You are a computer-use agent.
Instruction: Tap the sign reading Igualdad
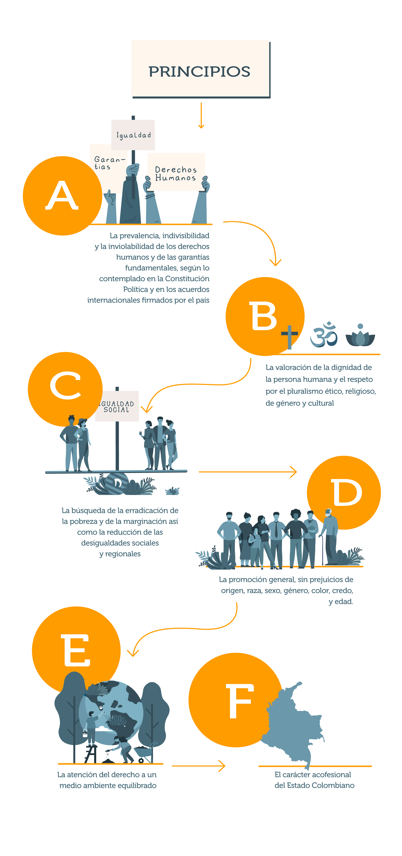(x=133, y=135)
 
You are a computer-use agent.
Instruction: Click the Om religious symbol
(x=323, y=334)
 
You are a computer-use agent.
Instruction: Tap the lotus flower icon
(x=360, y=336)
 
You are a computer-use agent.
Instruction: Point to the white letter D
(x=346, y=493)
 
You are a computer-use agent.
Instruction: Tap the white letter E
(x=76, y=650)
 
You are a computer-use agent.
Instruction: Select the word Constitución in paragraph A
(x=187, y=278)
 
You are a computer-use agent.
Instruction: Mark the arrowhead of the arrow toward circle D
(x=294, y=472)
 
